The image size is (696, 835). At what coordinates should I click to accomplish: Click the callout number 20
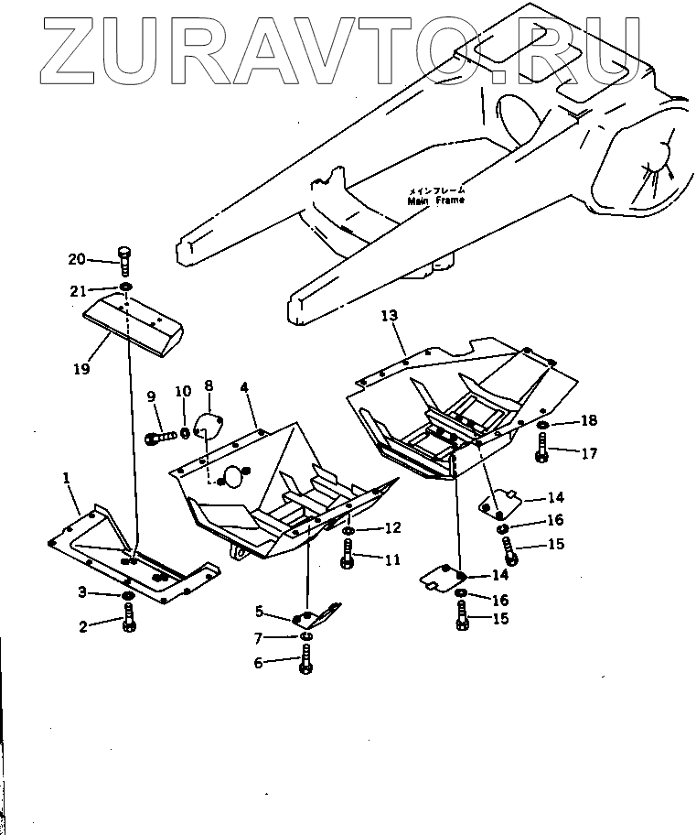pos(76,260)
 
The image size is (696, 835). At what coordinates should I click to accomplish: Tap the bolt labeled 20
pos(125,262)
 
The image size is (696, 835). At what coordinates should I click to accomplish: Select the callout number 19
pos(82,370)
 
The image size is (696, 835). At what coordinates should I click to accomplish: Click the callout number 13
pos(390,316)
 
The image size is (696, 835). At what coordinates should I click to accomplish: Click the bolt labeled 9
pos(161,437)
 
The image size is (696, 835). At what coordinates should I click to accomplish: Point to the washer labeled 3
pos(128,597)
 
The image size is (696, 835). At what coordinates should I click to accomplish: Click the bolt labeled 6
pos(305,663)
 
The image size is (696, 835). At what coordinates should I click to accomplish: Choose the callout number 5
pos(260,612)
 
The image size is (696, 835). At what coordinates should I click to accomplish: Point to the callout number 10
pos(183,392)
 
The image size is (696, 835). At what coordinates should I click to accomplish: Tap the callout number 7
pos(259,637)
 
